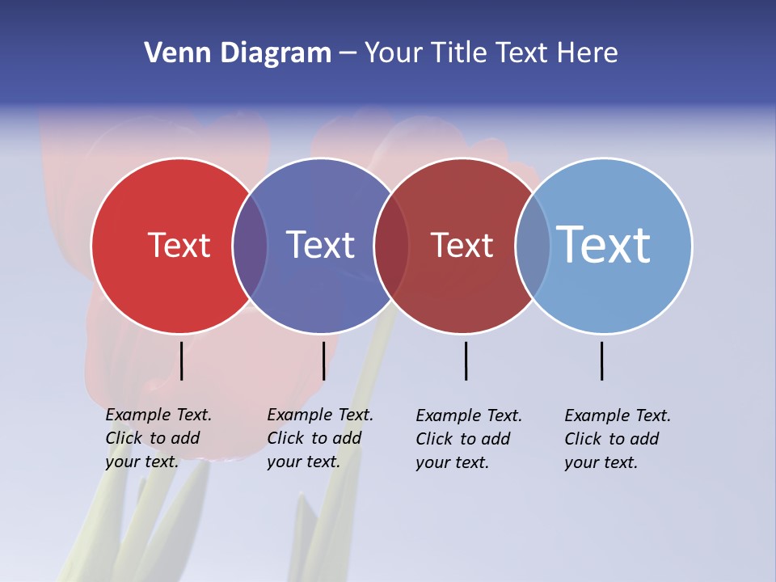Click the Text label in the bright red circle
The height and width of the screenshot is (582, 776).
click(x=179, y=245)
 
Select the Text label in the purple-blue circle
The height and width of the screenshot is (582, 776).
click(x=320, y=245)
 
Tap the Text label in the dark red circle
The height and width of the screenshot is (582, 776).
click(x=462, y=245)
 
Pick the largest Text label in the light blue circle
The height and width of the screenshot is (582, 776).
click(x=604, y=245)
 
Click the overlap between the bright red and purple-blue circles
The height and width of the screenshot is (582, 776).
click(x=250, y=245)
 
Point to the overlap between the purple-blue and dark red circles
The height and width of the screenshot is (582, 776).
click(x=391, y=245)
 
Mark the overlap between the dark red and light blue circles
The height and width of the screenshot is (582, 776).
click(x=533, y=245)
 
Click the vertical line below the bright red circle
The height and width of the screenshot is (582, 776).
click(x=181, y=361)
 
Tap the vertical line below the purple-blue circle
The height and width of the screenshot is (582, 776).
click(x=323, y=361)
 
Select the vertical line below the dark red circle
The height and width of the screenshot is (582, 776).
click(x=466, y=361)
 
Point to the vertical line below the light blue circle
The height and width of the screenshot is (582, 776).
click(x=601, y=361)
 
